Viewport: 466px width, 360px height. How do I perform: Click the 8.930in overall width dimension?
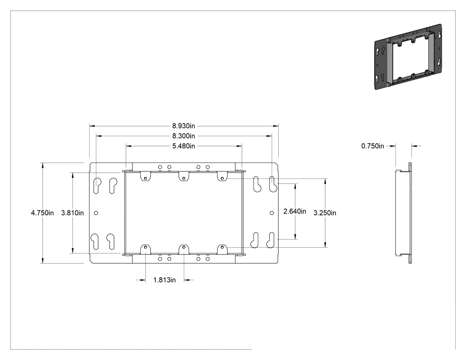[184, 126]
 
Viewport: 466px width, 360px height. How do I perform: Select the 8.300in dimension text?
[184, 136]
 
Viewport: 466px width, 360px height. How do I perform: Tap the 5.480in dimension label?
[184, 146]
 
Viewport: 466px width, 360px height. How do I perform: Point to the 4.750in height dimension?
[42, 213]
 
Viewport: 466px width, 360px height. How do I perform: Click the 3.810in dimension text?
[72, 213]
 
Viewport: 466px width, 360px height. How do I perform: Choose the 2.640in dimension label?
[295, 211]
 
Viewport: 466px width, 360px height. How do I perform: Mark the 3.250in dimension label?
[325, 213]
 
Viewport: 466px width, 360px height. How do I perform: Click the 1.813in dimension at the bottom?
[164, 280]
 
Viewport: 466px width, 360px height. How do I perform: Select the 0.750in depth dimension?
[373, 146]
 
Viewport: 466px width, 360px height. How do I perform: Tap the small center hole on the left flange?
[96, 213]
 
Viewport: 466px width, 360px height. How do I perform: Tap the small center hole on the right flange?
[272, 213]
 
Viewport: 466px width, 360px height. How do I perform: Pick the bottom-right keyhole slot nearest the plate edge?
[271, 240]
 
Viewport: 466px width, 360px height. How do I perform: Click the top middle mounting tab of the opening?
[184, 176]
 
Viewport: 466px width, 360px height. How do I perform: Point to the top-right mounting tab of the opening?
[222, 176]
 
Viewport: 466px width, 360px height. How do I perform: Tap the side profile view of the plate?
[403, 213]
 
